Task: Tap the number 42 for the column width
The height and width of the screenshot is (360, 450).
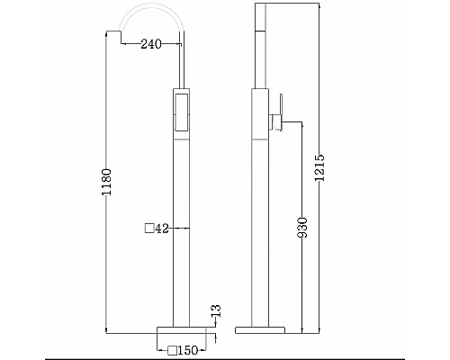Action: (162, 229)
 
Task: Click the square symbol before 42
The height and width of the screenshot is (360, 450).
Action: (149, 229)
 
